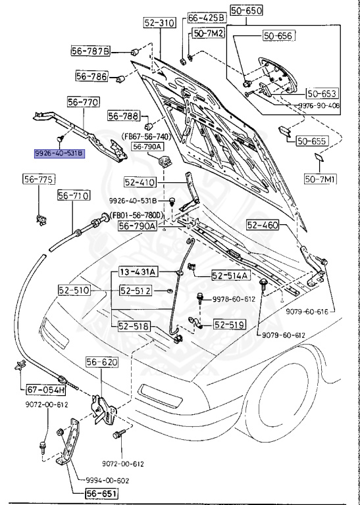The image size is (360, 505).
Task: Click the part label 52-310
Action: point(159,23)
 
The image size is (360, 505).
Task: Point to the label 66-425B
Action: point(206,17)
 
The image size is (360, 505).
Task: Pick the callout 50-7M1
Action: point(319,178)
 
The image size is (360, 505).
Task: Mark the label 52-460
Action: point(263,225)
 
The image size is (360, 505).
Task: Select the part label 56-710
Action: point(72,195)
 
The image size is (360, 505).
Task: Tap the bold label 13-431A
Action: point(137,272)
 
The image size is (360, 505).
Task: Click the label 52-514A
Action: point(230,276)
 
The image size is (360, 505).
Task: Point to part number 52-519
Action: point(228,324)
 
